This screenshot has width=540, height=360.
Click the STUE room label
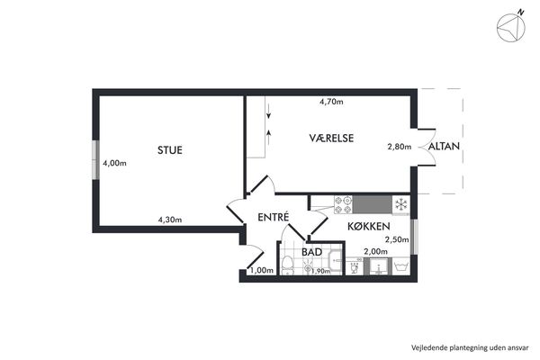pyautogui.click(x=170, y=150)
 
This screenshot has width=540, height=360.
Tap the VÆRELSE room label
pyautogui.click(x=331, y=138)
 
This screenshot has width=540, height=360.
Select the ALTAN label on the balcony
pyautogui.click(x=444, y=147)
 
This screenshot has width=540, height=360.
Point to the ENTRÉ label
pyautogui.click(x=274, y=217)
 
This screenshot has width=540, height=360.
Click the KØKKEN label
pyautogui.click(x=369, y=226)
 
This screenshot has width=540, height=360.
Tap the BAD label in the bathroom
pyautogui.click(x=311, y=252)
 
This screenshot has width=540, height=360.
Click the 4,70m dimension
pyautogui.click(x=331, y=102)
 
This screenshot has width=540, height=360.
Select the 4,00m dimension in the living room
pyautogui.click(x=114, y=163)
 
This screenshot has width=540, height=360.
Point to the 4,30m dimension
pyautogui.click(x=170, y=220)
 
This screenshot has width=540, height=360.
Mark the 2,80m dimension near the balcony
pyautogui.click(x=400, y=147)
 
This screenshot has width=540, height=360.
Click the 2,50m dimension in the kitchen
pyautogui.click(x=397, y=239)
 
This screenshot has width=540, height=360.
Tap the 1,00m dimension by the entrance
pyautogui.click(x=262, y=270)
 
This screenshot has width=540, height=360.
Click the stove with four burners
pyautogui.click(x=343, y=204)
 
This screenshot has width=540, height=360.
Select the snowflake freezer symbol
pyautogui.click(x=400, y=204)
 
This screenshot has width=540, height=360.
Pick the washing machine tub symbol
pyautogui.click(x=401, y=266)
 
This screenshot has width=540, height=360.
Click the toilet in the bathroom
pyautogui.click(x=287, y=266)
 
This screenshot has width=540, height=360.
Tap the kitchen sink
pyautogui.click(x=379, y=266)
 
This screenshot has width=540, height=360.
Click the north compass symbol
pyautogui.click(x=511, y=28)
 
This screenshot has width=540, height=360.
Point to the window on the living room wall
pyautogui.click(x=97, y=160)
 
